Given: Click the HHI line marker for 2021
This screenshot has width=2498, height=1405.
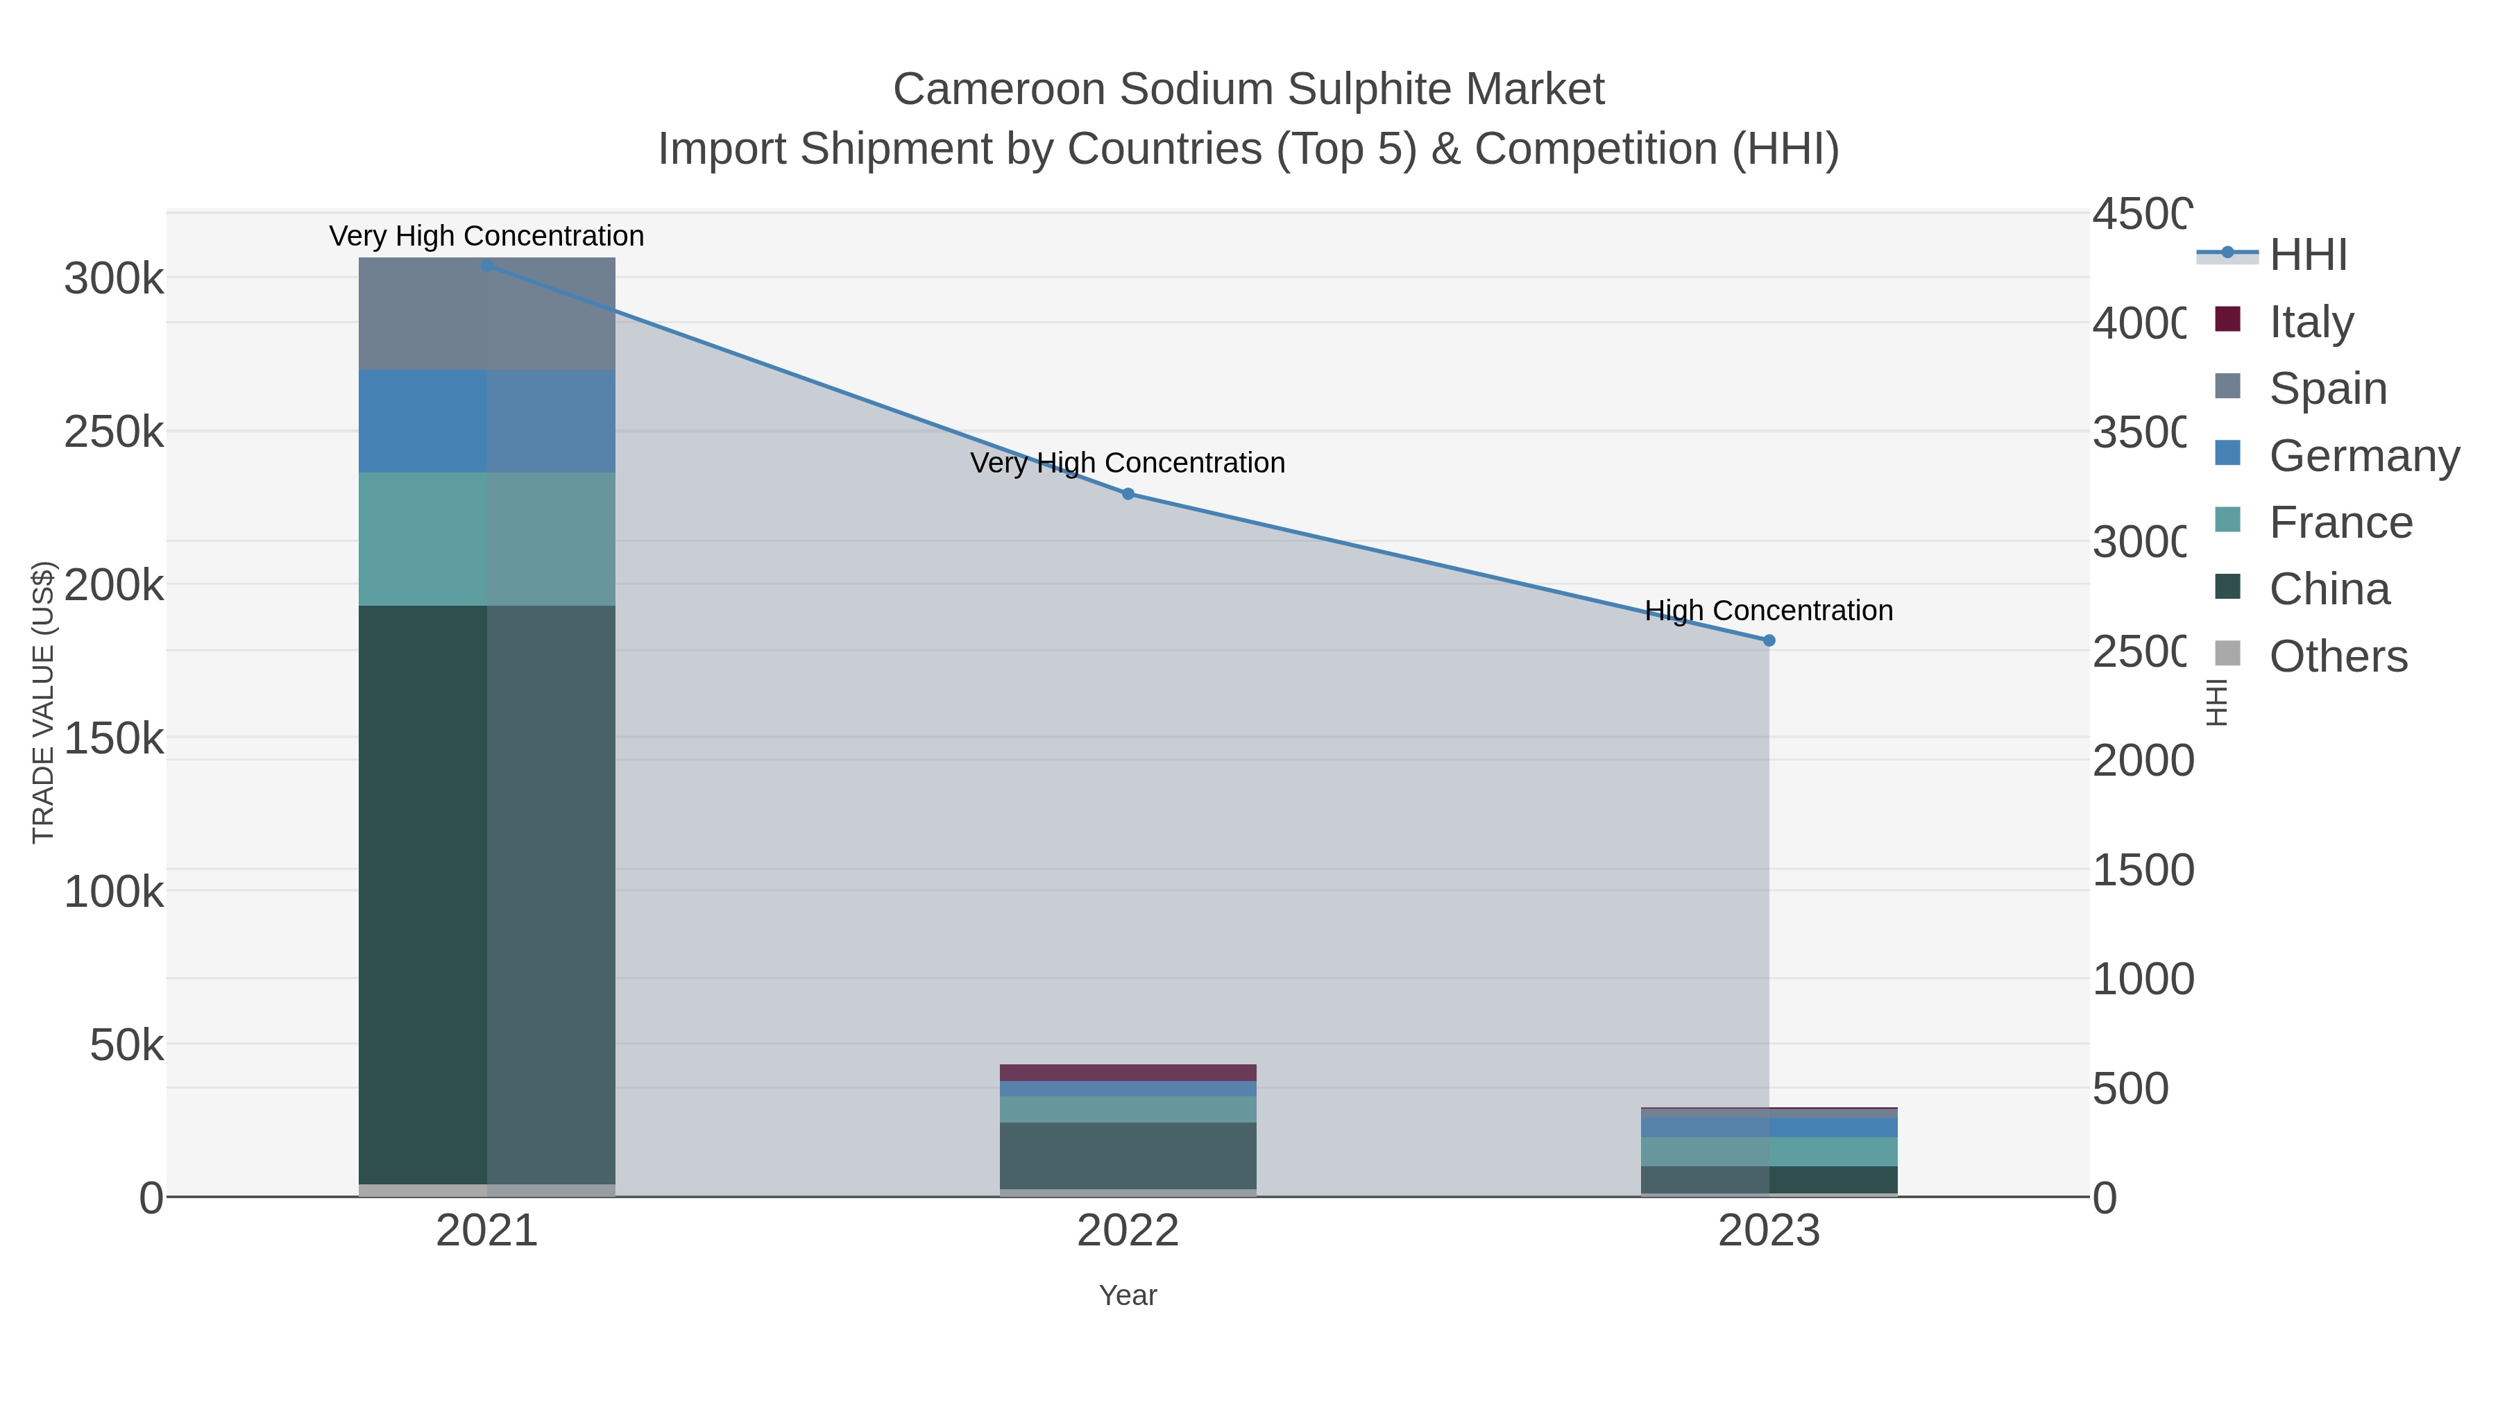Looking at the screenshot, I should (x=487, y=265).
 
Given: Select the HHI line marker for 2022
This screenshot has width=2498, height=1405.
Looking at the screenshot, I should (x=1128, y=493).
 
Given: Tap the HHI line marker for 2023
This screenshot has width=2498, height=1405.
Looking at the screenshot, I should (x=1769, y=640).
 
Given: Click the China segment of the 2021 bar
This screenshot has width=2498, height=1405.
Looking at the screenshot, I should (x=487, y=892).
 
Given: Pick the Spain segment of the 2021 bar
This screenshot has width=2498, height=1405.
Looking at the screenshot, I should (x=487, y=312).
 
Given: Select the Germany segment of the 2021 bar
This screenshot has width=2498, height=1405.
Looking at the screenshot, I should (x=487, y=421).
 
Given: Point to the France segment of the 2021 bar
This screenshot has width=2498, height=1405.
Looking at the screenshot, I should (x=487, y=539).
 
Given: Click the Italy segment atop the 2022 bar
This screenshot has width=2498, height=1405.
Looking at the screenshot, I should (x=1128, y=1073).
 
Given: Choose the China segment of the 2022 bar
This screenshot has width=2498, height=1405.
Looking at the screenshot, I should (x=1128, y=1156).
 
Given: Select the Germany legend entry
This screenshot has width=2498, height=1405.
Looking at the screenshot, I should (x=2363, y=454).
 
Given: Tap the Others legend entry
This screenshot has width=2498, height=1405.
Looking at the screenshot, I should (x=2337, y=656).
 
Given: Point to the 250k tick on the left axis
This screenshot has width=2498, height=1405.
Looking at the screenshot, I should (x=114, y=432).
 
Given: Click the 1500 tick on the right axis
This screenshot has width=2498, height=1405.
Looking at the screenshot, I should (x=2141, y=870).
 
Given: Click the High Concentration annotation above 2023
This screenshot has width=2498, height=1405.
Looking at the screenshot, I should (x=1769, y=610).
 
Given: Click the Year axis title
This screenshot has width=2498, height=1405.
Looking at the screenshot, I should (x=1128, y=1295).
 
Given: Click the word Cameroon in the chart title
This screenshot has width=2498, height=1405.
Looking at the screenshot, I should (x=998, y=90).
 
